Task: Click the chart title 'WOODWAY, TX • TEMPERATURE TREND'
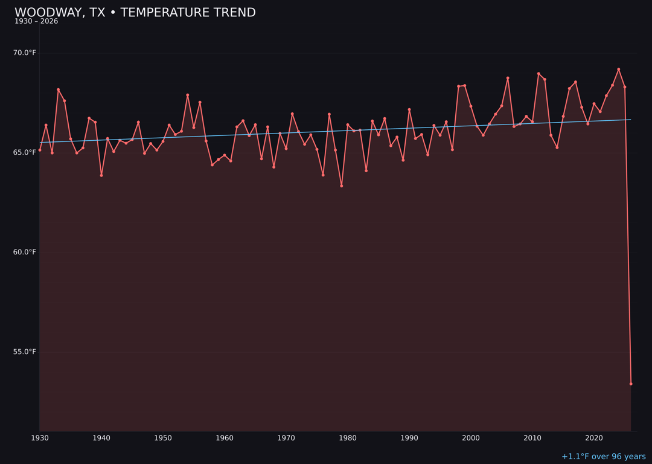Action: point(135,13)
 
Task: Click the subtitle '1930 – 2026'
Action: point(36,22)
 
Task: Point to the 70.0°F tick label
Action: point(25,53)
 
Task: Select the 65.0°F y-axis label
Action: point(25,152)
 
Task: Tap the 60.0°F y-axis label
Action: point(25,252)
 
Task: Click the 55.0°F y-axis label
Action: point(25,352)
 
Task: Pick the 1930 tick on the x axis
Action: point(40,438)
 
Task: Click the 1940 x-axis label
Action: point(101,438)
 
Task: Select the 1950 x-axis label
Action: point(163,438)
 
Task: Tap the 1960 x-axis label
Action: point(225,438)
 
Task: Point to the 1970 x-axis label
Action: point(286,438)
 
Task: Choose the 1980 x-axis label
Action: point(348,438)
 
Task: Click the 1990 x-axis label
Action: point(409,438)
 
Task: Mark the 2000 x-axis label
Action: point(471,438)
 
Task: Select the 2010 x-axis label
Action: point(532,438)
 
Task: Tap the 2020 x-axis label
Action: point(594,438)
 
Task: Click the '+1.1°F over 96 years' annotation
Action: point(603,457)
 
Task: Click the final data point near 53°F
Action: point(631,384)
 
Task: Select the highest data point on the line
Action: point(618,69)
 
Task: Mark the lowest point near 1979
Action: point(341,186)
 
